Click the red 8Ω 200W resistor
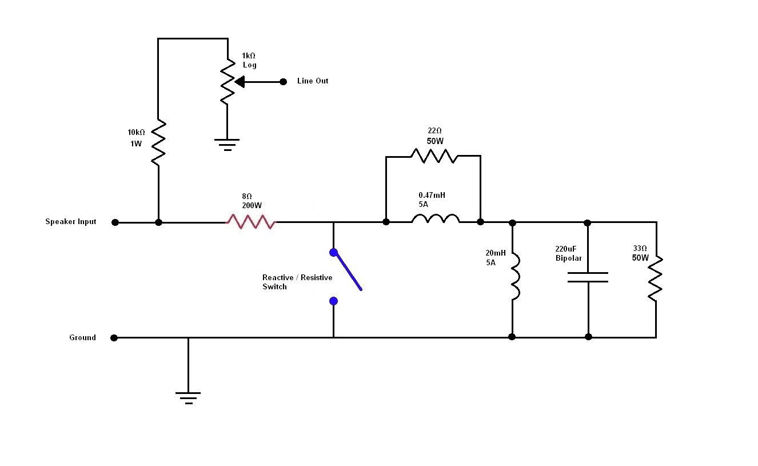[252, 222]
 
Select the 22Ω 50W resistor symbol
[434, 156]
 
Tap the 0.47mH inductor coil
[435, 219]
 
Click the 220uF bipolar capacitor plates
[588, 277]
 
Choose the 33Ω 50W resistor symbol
[656, 278]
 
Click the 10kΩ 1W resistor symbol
[158, 143]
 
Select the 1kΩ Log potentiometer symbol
[227, 83]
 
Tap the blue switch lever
[348, 271]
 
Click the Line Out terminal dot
[283, 82]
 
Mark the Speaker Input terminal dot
[115, 222]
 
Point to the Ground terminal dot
[114, 338]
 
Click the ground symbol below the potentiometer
[227, 143]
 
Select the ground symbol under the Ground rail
[188, 397]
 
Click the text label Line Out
[313, 81]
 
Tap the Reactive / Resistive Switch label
[297, 282]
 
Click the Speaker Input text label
[71, 222]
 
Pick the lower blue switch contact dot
[333, 301]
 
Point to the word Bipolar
[568, 258]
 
